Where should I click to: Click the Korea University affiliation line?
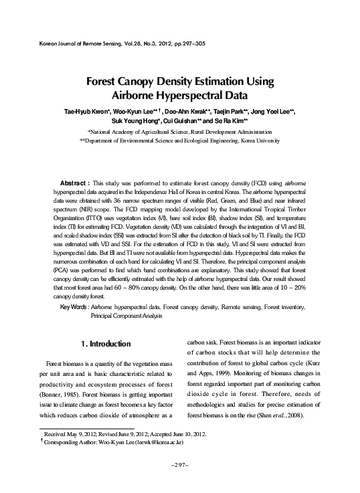(179, 142)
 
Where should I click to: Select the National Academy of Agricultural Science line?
(180, 133)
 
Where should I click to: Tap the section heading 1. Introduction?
(105, 344)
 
